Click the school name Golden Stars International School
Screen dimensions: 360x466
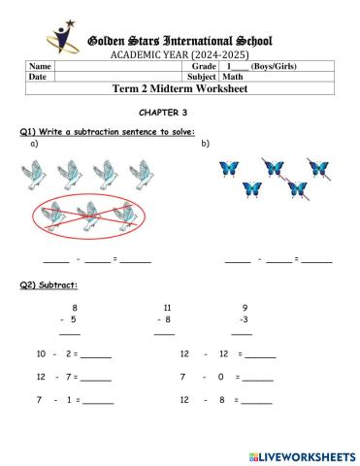[x=180, y=41]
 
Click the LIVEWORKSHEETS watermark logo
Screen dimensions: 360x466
[x=302, y=454]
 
